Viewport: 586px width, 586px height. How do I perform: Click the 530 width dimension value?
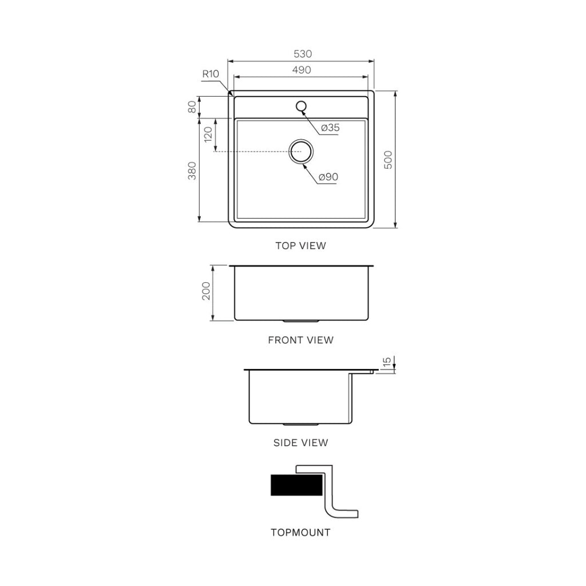click(302, 54)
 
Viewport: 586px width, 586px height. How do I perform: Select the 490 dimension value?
click(302, 70)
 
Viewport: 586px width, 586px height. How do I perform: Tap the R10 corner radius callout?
click(211, 74)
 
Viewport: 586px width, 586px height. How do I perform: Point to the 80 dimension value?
click(192, 107)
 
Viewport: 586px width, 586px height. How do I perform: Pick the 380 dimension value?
click(192, 171)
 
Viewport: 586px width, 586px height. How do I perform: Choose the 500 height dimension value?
click(387, 160)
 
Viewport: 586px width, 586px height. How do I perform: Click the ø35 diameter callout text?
click(330, 128)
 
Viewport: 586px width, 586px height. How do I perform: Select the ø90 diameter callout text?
click(328, 177)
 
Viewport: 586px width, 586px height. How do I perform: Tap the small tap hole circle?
click(301, 106)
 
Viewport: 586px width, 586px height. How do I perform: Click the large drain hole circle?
click(301, 152)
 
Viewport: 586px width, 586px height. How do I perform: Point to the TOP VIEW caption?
click(300, 246)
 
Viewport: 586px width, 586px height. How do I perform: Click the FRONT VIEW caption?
click(300, 340)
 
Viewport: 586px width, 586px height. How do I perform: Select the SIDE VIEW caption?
click(300, 442)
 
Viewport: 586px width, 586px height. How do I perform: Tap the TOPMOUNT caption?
click(300, 533)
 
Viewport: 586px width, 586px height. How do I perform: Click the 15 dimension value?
click(387, 362)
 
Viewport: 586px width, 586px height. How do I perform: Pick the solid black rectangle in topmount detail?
click(295, 485)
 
